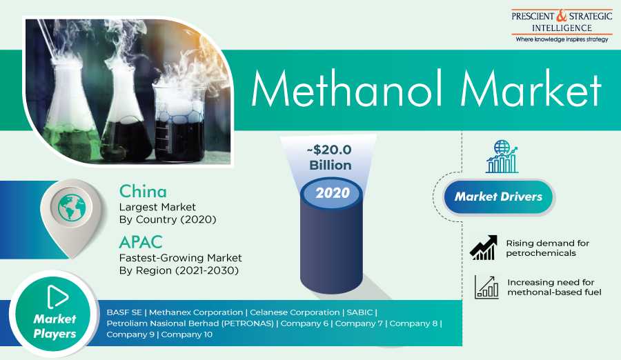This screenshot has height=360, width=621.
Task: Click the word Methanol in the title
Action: [x=346, y=89]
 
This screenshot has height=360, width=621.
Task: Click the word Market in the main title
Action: [x=531, y=89]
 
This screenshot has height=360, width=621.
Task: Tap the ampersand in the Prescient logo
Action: [x=562, y=16]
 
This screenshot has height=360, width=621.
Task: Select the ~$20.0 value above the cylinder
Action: [x=329, y=150]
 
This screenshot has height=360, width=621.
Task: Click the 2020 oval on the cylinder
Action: [x=332, y=193]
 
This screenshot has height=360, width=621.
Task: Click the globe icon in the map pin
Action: [x=72, y=207]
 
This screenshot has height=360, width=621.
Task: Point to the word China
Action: [x=143, y=191]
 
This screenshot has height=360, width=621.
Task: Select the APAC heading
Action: [x=141, y=242]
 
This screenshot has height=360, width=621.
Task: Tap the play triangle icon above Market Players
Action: [x=57, y=297]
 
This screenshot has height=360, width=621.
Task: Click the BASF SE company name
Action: [x=124, y=312]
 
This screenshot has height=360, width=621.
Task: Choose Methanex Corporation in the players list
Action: [x=196, y=312]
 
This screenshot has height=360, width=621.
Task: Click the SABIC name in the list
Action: [x=359, y=312]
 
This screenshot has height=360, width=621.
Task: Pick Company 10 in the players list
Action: [x=186, y=334]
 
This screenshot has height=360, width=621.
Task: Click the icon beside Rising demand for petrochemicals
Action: [x=484, y=248]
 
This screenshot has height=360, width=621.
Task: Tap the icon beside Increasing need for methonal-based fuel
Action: [x=486, y=287]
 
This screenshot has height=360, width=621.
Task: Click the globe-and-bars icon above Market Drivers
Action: [x=502, y=157]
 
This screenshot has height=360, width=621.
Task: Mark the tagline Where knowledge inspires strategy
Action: [x=562, y=39]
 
